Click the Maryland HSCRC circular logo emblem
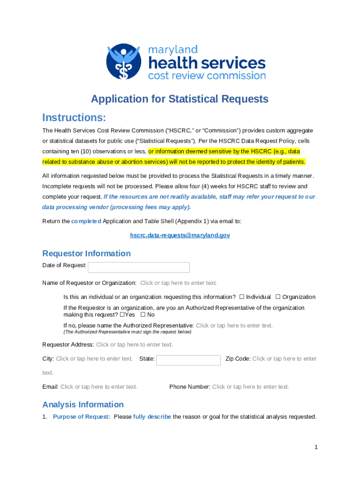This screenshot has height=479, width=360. click(123, 61)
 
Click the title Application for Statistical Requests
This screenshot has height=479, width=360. click(180, 99)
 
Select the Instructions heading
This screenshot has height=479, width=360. click(74, 117)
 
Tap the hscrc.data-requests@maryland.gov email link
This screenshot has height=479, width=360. click(180, 235)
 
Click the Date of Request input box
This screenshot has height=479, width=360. click(138, 267)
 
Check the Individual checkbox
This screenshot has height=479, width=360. click(242, 297)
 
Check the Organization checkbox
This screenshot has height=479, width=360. click(278, 297)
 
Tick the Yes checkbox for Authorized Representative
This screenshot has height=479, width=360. click(122, 314)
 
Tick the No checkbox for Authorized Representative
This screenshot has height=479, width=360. click(143, 314)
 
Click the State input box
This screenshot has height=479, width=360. click(188, 360)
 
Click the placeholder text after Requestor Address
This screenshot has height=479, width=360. click(135, 345)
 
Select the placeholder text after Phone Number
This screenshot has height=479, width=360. click(251, 387)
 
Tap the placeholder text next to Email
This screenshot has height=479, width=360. click(99, 387)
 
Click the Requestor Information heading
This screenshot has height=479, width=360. click(86, 254)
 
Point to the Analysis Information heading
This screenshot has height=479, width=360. click(83, 405)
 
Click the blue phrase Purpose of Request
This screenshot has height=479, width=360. click(81, 417)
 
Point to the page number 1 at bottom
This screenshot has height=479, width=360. click(316, 447)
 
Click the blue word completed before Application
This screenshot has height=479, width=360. click(86, 221)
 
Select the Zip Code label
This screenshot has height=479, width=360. click(238, 359)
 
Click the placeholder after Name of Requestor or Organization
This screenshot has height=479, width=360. click(179, 283)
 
